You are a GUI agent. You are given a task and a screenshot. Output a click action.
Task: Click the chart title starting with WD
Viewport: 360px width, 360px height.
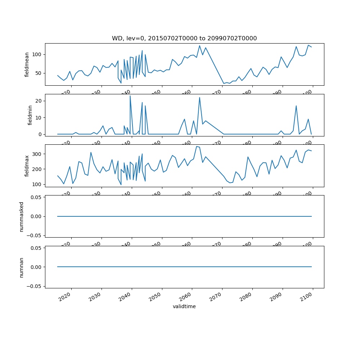tap(184, 39)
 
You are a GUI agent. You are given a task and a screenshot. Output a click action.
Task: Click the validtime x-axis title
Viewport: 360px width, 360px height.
tap(184, 306)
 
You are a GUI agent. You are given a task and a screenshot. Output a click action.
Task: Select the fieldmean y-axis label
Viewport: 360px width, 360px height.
tap(27, 64)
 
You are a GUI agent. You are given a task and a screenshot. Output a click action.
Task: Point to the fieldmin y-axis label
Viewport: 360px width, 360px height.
tap(30, 115)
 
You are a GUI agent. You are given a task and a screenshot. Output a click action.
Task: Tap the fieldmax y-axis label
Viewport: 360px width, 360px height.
tap(27, 166)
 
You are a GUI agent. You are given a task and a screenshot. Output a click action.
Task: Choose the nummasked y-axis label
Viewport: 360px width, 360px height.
tap(22, 216)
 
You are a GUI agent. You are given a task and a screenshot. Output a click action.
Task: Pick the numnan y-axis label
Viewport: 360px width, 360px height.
tap(22, 267)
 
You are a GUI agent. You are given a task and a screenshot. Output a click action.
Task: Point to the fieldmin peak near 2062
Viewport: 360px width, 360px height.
tap(199, 97)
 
